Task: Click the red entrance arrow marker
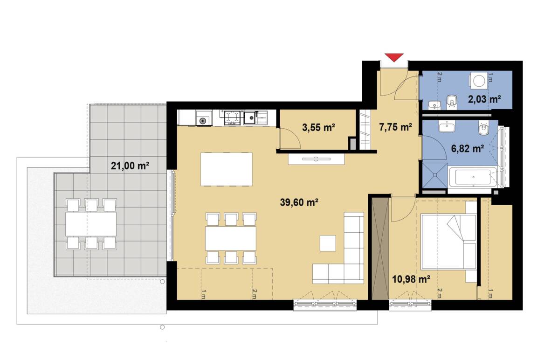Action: (x=394, y=57)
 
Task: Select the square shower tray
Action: (x=434, y=176)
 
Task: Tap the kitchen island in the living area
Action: (x=226, y=169)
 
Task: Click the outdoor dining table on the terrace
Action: (x=91, y=223)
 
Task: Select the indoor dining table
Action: (x=231, y=238)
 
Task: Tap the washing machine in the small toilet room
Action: (x=479, y=80)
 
